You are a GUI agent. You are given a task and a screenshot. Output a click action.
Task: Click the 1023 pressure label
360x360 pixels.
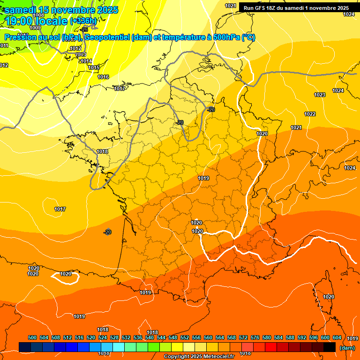320,95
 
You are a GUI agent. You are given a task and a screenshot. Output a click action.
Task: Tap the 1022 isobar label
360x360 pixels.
310,114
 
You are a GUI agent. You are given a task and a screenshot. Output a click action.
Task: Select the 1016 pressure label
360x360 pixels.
103,77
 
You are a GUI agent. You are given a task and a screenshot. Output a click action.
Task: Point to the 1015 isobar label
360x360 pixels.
94,68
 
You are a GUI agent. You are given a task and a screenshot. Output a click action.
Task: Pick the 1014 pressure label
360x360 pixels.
86,61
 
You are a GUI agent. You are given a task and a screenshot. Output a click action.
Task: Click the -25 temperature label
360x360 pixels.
84,30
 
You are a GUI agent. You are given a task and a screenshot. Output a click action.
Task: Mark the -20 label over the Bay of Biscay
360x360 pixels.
108,232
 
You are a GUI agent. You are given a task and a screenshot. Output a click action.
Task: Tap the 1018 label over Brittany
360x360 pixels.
102,151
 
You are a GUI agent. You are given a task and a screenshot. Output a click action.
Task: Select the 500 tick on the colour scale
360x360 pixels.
32,337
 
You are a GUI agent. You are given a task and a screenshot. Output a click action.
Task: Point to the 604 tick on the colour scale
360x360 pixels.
337,337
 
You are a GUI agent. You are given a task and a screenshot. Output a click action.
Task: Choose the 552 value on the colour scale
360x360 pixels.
185,337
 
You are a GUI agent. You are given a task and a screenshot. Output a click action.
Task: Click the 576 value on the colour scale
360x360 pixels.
255,337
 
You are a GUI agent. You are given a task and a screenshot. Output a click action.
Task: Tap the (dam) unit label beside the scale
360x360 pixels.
347,348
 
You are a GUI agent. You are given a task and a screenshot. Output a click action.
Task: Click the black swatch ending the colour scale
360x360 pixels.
330,347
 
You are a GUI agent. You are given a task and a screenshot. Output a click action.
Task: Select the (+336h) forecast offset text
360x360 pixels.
83,21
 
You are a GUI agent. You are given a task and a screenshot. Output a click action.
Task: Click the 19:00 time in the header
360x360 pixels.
21,21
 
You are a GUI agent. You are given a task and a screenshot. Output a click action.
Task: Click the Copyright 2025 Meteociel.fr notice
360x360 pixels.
199,357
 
